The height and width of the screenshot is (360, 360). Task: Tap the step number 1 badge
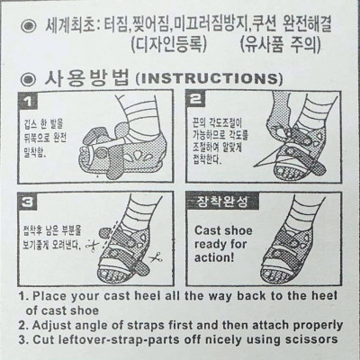point(29,102)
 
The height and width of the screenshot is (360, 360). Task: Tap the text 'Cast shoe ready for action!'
point(224,243)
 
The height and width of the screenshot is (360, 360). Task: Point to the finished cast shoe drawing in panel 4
point(301,238)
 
